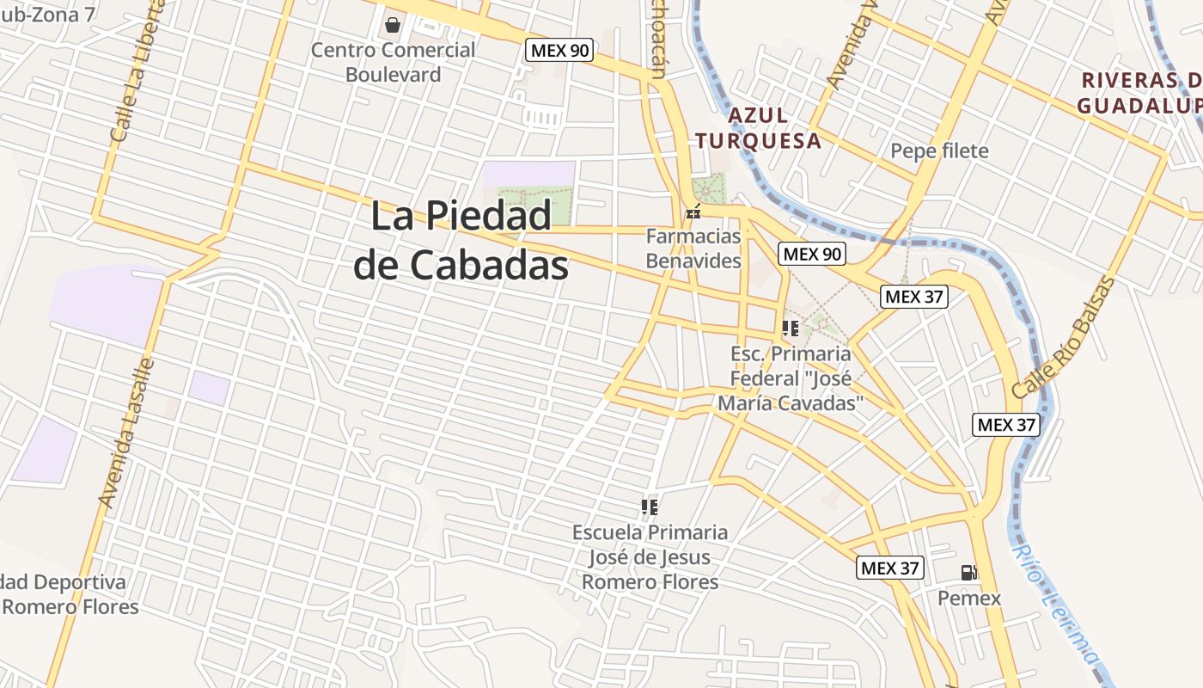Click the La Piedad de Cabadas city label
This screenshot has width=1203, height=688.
461,240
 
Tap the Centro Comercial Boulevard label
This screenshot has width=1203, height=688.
393,62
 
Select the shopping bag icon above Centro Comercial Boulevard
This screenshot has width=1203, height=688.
393,25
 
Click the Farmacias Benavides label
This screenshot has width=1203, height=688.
693,248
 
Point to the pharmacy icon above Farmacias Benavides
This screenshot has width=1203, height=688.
693,212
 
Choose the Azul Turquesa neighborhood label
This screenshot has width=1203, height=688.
758,128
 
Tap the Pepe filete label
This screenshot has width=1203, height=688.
939,151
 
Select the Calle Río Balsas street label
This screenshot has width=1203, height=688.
1063,337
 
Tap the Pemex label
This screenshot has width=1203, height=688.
969,598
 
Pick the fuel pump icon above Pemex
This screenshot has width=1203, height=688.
968,573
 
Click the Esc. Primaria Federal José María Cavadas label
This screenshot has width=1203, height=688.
791,378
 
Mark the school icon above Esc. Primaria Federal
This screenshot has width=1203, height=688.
791,328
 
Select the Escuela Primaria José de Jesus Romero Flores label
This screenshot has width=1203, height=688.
650,557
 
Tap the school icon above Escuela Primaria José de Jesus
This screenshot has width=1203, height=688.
650,507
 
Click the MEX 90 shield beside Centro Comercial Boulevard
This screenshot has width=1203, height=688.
559,50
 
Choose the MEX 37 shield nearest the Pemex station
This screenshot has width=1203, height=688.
890,568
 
